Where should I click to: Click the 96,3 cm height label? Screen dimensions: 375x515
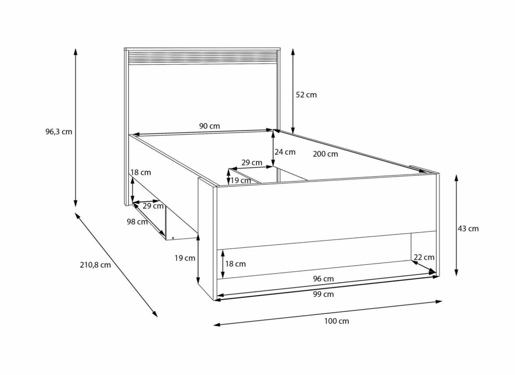[x=59, y=132]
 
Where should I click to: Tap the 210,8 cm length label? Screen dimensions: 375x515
[x=95, y=265]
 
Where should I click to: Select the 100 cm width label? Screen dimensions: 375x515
[x=336, y=321]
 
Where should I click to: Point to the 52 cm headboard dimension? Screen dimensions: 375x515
[x=306, y=95]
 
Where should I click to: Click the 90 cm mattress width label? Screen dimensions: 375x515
[x=209, y=126]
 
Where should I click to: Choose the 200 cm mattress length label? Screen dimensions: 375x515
[x=325, y=154]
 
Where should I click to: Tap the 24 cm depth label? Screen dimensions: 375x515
[x=285, y=152]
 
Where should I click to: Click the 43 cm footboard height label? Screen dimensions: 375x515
[x=468, y=229]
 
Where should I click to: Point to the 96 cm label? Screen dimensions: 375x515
[x=323, y=279]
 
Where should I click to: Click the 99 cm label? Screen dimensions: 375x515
[x=323, y=294]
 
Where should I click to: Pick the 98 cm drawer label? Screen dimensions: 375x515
[x=137, y=222]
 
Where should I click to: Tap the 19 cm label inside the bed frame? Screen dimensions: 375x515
[x=241, y=181]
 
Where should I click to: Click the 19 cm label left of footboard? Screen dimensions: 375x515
[x=185, y=258]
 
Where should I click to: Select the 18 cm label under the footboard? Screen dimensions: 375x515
[x=235, y=264]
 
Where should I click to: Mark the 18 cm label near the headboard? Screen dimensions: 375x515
[x=141, y=173]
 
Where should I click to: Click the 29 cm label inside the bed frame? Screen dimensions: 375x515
[x=252, y=163]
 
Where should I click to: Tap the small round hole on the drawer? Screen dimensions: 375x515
[x=173, y=238]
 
